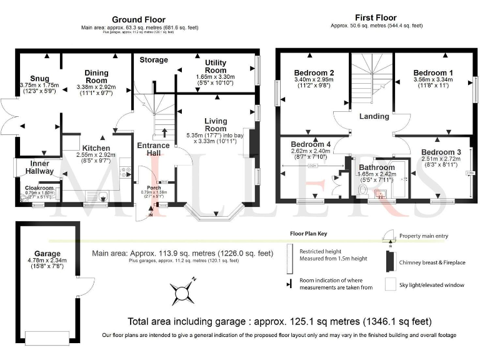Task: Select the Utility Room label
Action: (x=219, y=67)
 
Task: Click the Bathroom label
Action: (x=376, y=168)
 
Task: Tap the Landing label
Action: (x=374, y=116)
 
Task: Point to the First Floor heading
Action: (x=375, y=17)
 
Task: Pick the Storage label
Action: (x=153, y=60)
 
